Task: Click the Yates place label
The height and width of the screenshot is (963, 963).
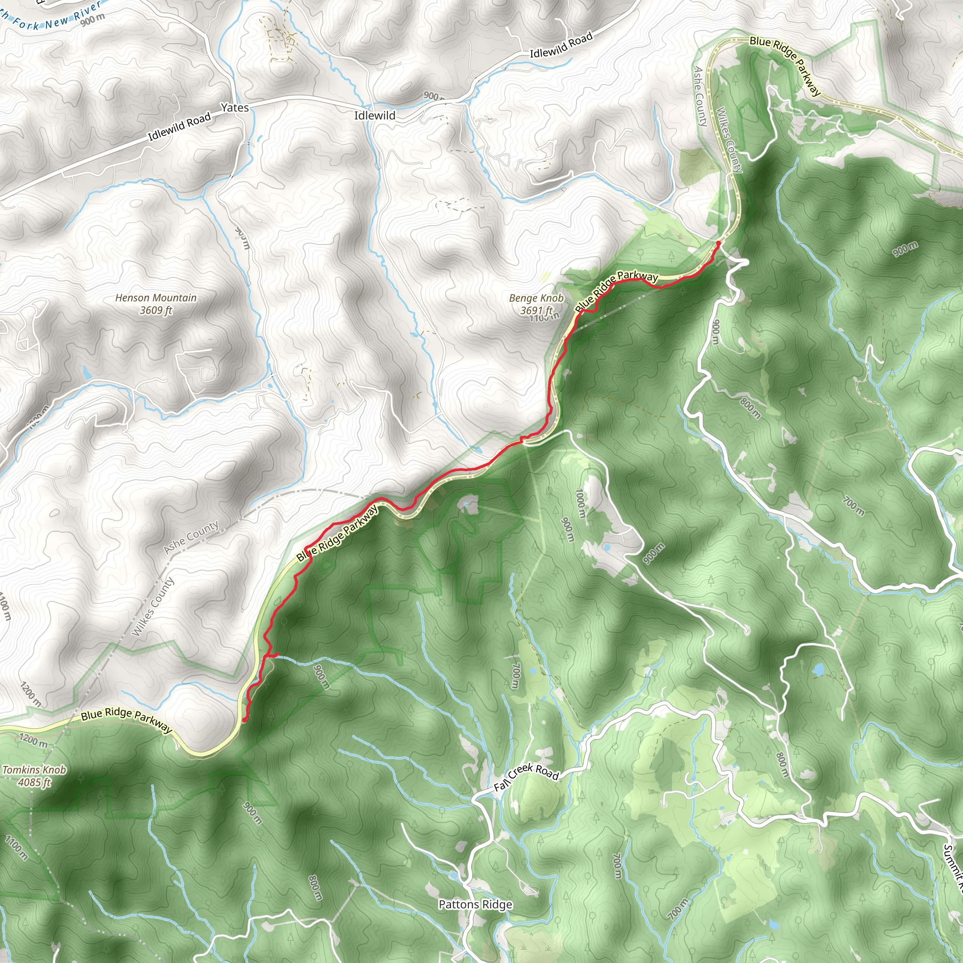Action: click(x=234, y=108)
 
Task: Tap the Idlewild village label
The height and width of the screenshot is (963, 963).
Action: click(x=375, y=116)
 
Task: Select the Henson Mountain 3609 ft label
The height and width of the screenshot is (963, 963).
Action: click(x=156, y=304)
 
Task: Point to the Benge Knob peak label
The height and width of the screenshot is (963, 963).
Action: click(x=537, y=304)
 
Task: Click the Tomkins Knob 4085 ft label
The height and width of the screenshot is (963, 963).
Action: click(x=34, y=776)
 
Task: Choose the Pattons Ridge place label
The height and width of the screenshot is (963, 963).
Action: click(x=475, y=890)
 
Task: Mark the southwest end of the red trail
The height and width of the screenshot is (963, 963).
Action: click(x=244, y=719)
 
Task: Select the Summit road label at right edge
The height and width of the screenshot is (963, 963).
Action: click(x=953, y=865)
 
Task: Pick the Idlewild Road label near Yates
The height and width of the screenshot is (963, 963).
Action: click(x=180, y=126)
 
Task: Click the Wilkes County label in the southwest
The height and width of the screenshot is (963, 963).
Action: click(x=152, y=606)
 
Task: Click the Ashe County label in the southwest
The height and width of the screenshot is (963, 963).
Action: click(x=191, y=537)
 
